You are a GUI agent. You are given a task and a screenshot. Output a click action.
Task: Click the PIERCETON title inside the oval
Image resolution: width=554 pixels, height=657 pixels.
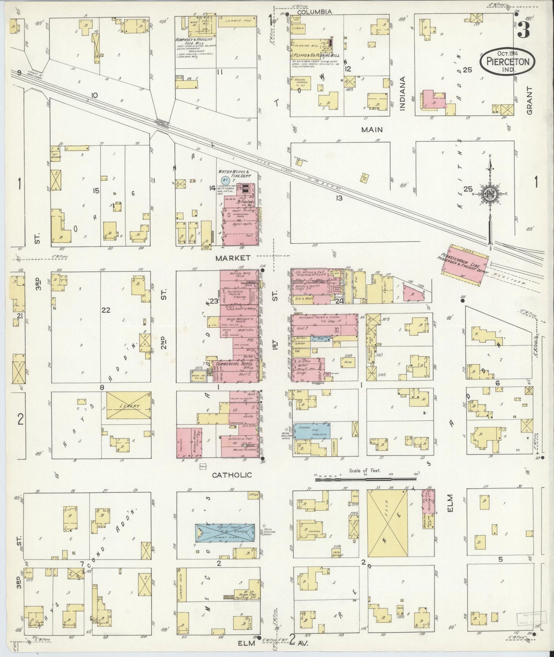click(x=507, y=61)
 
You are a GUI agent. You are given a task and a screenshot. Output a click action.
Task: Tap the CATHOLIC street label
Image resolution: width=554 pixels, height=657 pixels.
click(x=232, y=475)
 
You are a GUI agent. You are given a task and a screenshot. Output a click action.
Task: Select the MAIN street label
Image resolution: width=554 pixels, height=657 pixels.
click(x=372, y=130)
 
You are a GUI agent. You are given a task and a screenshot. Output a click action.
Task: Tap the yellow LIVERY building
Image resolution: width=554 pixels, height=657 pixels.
click(x=128, y=407)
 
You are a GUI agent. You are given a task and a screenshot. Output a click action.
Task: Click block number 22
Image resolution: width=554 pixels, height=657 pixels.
click(x=105, y=310)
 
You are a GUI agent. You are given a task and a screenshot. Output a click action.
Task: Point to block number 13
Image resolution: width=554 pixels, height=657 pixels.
click(x=339, y=198)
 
